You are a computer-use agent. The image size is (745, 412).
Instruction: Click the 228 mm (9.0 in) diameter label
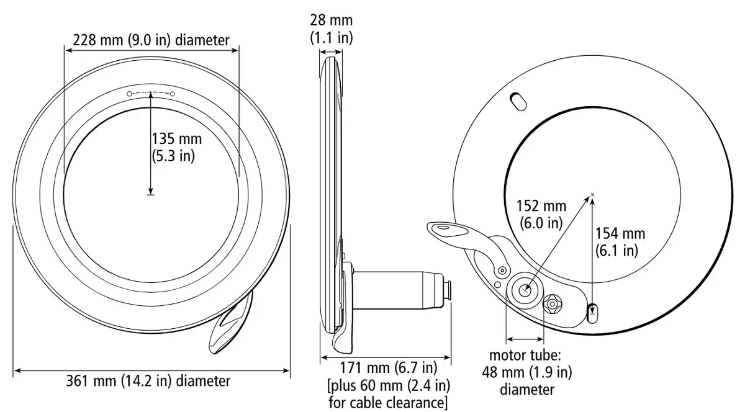click(151, 40)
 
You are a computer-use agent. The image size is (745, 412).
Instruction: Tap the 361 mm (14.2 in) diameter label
click(148, 381)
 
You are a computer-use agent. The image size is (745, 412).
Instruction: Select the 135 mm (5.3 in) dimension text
click(176, 147)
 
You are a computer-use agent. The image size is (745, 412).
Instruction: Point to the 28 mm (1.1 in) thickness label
click(332, 29)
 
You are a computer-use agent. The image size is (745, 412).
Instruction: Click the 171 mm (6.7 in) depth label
click(389, 368)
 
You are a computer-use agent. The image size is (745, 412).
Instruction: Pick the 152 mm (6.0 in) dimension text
click(541, 215)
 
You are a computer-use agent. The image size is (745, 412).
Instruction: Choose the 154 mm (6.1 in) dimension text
click(620, 242)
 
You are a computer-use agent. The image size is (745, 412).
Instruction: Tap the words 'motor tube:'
click(525, 355)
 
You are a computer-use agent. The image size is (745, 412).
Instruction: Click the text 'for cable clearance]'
click(388, 403)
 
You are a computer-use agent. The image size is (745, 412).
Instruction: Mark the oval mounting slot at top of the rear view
click(518, 101)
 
